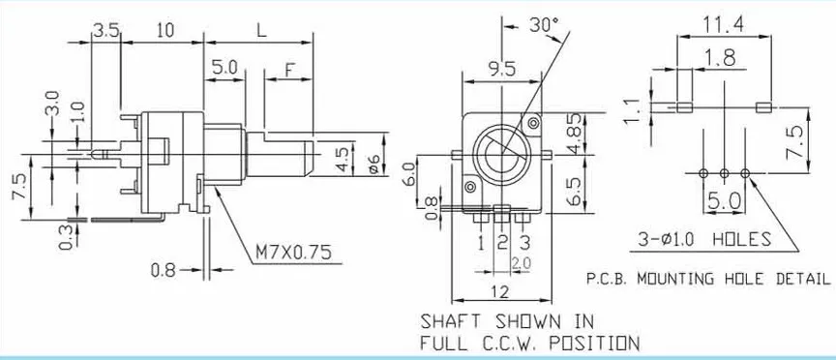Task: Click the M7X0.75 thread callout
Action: [x=293, y=252]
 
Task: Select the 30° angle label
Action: [x=544, y=24]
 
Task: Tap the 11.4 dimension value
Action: [x=723, y=24]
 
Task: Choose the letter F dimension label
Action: [x=289, y=70]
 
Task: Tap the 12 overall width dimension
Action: [x=500, y=291]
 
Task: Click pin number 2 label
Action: [x=502, y=243]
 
